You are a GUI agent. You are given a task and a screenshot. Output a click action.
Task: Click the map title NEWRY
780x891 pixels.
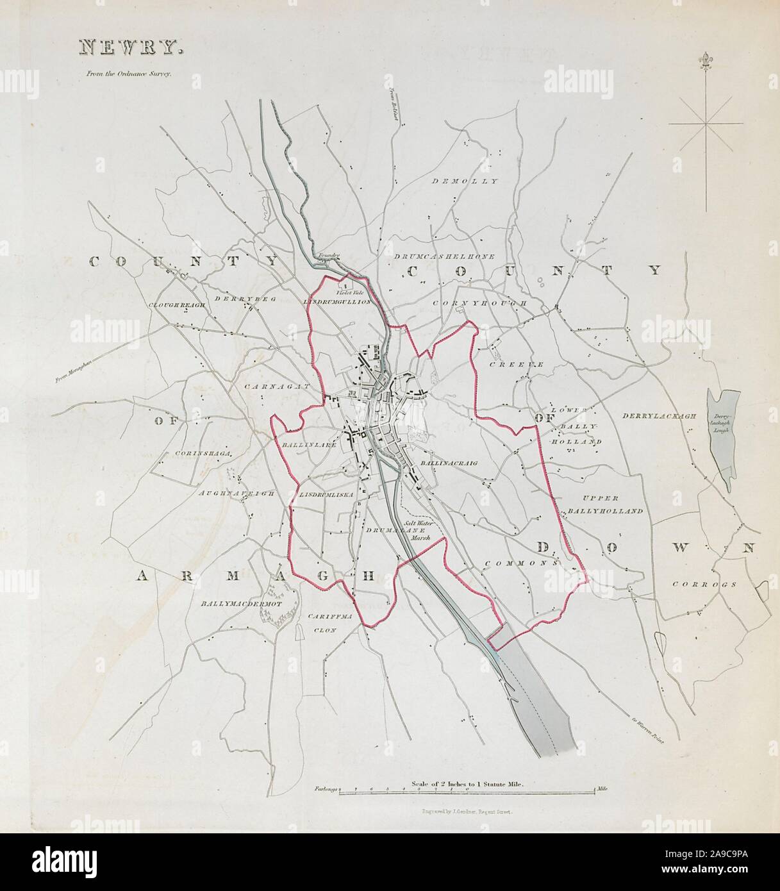[131, 47]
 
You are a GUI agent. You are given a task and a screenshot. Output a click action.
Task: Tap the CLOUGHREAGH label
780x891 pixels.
[177, 305]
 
